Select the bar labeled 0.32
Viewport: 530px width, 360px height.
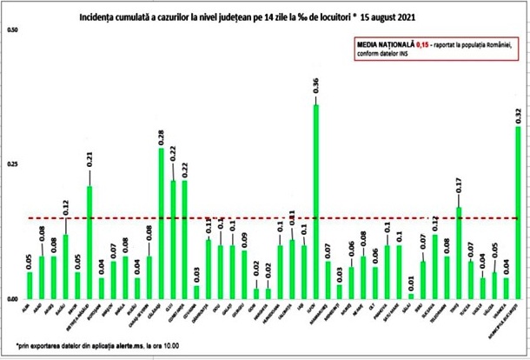520,212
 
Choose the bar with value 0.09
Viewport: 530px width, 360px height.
244,275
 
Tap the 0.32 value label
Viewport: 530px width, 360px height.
520,112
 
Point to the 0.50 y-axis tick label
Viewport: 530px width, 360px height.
12,31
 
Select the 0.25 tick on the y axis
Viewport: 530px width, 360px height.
12,164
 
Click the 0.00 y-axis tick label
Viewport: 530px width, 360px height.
12,299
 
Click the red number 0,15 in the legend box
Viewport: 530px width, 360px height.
421,44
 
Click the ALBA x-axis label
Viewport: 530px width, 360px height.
27,307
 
